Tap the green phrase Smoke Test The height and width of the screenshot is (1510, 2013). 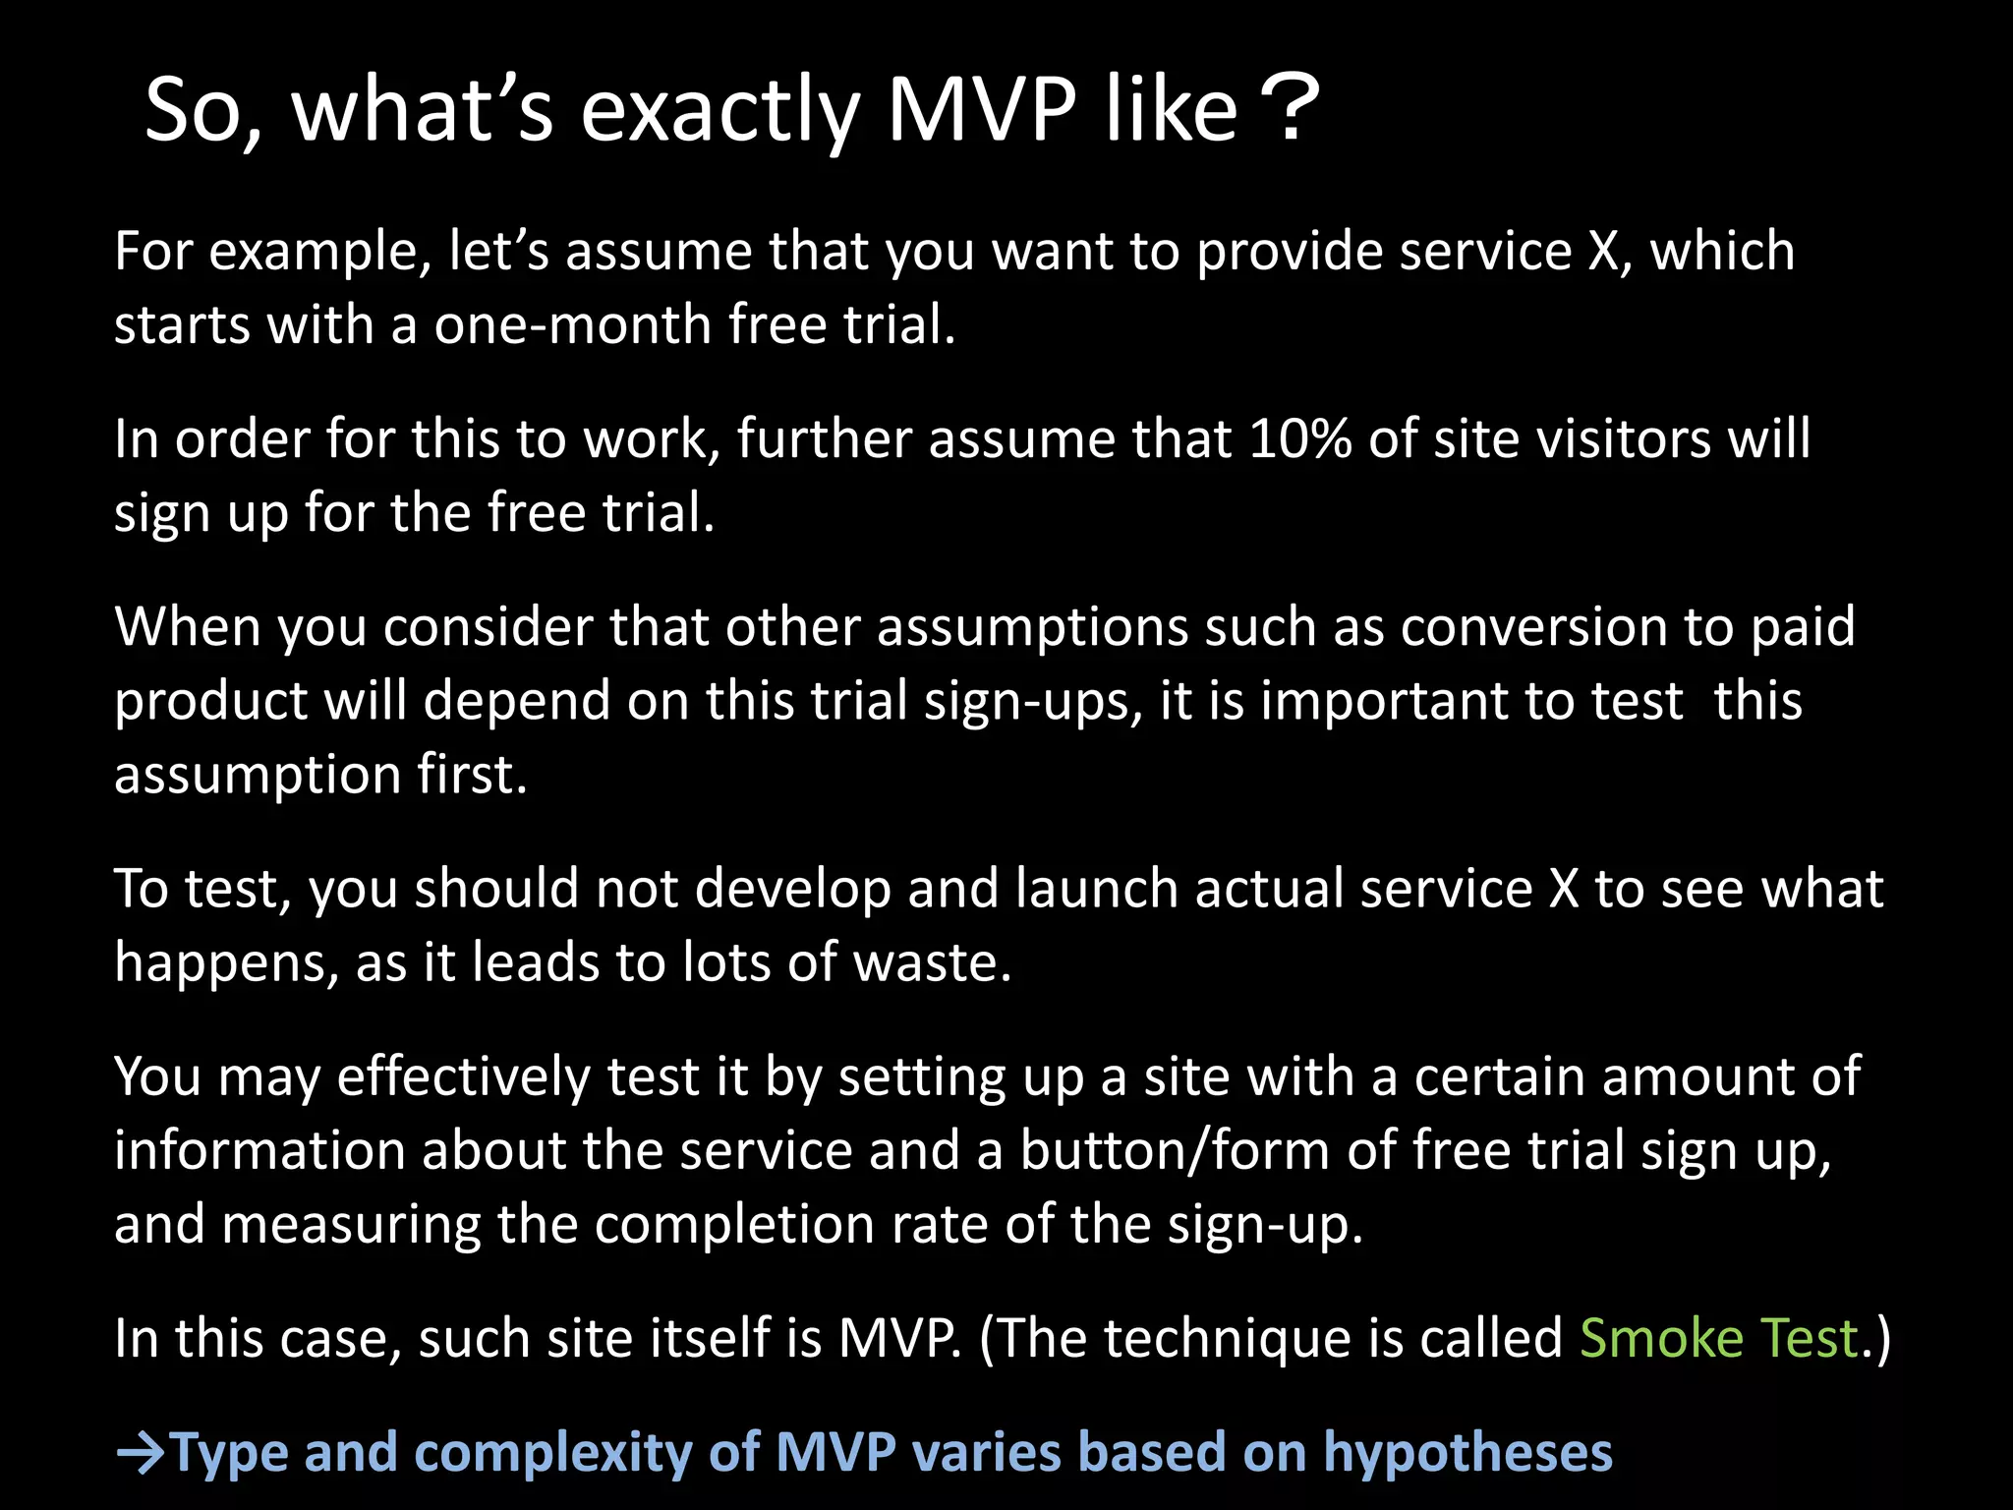coord(1719,1338)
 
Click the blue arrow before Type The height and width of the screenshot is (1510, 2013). coord(141,1454)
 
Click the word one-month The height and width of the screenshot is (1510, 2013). coord(573,324)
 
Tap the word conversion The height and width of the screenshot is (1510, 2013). coord(1533,626)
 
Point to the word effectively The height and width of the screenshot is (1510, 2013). coord(463,1076)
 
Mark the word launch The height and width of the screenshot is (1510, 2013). coord(1096,888)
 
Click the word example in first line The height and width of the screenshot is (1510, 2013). coord(319,253)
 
